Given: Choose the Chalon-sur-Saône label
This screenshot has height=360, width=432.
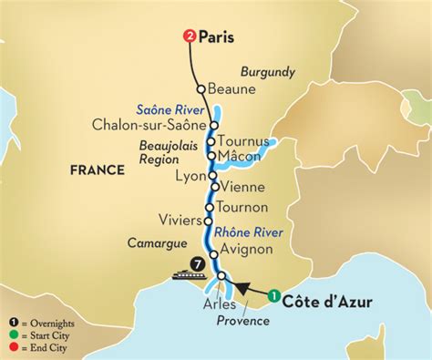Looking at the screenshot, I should [x=151, y=125].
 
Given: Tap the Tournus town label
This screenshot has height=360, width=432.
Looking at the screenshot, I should [x=244, y=141].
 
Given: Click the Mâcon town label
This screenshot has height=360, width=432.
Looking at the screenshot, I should [x=242, y=156].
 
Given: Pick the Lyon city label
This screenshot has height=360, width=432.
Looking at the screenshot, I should [x=189, y=173].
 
